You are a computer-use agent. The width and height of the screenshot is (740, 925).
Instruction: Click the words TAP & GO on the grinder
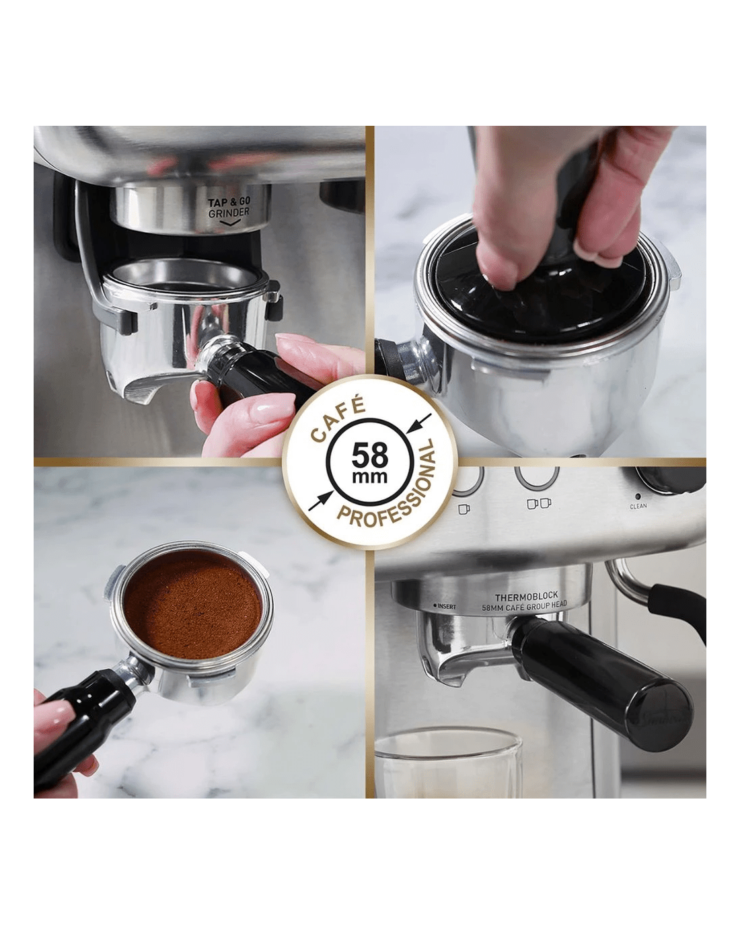(229, 202)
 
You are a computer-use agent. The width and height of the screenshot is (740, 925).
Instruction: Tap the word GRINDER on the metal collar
(229, 213)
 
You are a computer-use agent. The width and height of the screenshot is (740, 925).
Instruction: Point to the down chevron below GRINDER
(229, 223)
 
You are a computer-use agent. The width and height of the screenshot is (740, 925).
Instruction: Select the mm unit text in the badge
(369, 476)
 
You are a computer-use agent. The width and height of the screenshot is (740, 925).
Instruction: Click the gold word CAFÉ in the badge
(338, 419)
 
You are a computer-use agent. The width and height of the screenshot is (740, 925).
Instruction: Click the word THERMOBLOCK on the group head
(526, 597)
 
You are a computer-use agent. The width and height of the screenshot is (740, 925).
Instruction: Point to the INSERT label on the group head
(445, 607)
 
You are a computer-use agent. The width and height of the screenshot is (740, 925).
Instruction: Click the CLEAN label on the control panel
(638, 507)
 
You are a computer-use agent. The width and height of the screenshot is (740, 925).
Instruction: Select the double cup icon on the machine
(539, 503)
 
